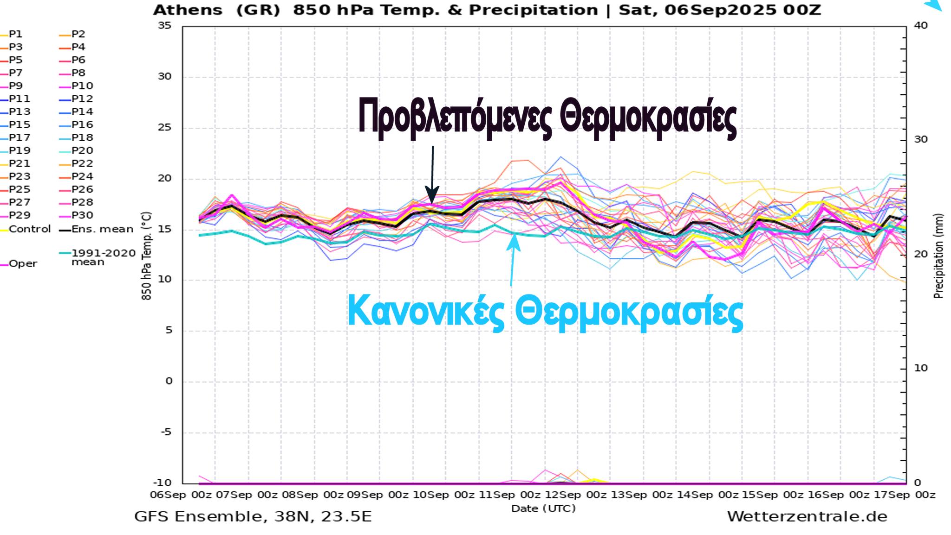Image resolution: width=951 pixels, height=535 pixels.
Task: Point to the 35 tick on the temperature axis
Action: [x=164, y=26]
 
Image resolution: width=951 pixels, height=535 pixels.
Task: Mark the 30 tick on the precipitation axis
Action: [x=920, y=139]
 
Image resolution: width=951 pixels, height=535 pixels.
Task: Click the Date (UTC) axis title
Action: [x=543, y=509]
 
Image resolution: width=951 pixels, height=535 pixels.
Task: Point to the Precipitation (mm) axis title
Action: [x=938, y=255]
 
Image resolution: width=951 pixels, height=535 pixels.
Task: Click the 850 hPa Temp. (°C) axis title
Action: [x=146, y=255]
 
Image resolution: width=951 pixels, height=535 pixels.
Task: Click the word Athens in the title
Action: [x=188, y=10]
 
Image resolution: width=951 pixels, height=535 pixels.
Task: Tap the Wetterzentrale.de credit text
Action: [x=807, y=516]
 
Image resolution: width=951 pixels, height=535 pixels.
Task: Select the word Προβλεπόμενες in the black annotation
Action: [x=455, y=116]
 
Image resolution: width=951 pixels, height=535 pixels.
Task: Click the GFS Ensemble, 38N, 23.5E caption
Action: [x=253, y=516]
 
